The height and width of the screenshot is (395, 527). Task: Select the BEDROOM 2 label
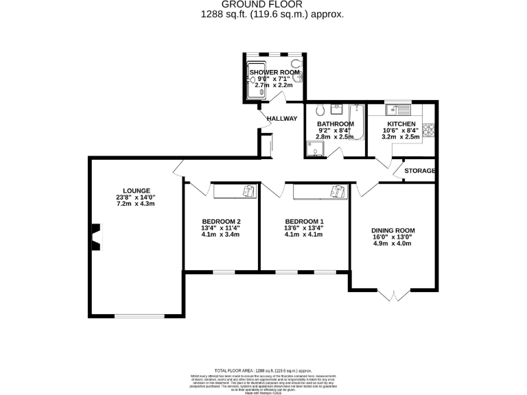tap(221, 221)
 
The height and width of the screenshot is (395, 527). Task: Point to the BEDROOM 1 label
tap(304, 221)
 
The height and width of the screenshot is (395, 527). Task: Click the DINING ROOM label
tap(393, 230)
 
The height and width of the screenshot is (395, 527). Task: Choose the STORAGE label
tap(419, 171)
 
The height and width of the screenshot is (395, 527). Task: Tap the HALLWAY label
tap(282, 119)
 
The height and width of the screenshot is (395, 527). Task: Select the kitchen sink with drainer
tap(397, 108)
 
